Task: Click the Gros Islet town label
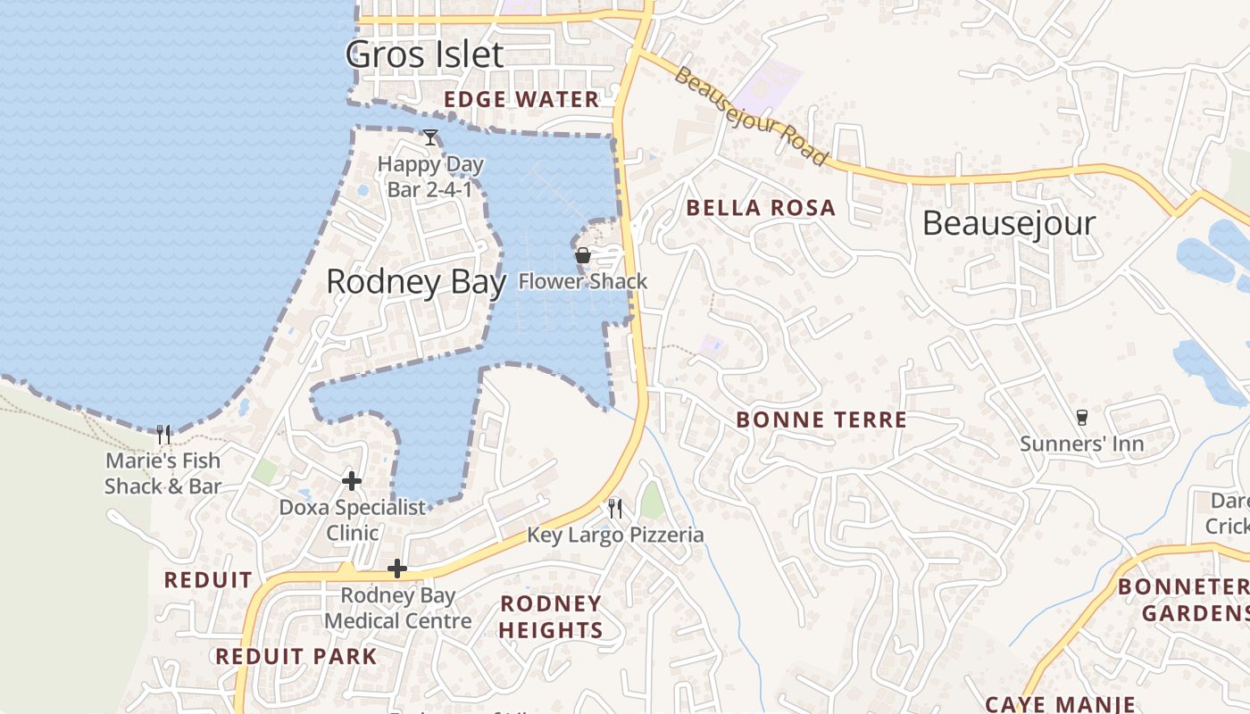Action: click(x=425, y=54)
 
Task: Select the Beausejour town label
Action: click(x=1008, y=223)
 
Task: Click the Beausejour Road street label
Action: click(x=750, y=115)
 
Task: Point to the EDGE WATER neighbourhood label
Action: click(x=521, y=100)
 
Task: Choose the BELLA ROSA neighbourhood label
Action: click(x=761, y=209)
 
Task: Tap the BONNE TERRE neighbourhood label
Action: click(x=821, y=419)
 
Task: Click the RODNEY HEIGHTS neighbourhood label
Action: click(x=551, y=617)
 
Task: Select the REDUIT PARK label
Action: click(x=296, y=657)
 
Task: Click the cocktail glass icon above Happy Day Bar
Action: click(x=430, y=137)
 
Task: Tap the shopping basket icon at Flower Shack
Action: click(x=583, y=256)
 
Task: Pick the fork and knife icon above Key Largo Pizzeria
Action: click(x=615, y=509)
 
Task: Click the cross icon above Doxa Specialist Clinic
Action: click(x=352, y=481)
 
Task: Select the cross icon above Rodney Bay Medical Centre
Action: click(x=397, y=569)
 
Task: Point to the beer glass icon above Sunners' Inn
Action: click(x=1082, y=418)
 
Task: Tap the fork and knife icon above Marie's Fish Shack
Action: click(x=163, y=435)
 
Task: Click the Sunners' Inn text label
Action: click(x=1082, y=444)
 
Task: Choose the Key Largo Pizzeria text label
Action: click(x=615, y=535)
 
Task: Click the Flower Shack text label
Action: click(x=583, y=282)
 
